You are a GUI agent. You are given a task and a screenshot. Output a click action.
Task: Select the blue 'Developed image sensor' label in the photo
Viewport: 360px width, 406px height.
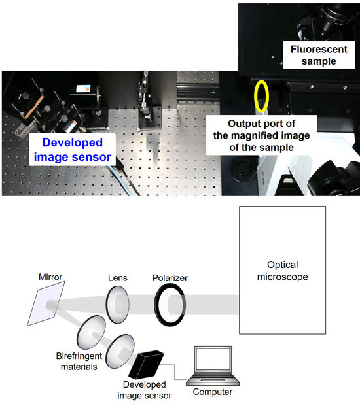click(x=73, y=150)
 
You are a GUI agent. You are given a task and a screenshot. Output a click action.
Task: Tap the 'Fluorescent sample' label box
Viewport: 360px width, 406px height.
click(x=319, y=55)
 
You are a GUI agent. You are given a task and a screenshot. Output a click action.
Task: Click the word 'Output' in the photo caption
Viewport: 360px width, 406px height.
click(x=245, y=124)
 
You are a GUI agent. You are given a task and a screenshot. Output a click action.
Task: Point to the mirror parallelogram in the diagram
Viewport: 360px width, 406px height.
click(x=46, y=303)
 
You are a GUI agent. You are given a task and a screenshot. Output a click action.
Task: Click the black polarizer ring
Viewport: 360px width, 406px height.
click(x=156, y=305)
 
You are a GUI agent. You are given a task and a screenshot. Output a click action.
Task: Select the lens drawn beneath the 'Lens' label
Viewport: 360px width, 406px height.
click(x=117, y=305)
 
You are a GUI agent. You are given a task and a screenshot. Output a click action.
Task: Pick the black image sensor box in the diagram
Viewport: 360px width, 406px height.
click(x=146, y=365)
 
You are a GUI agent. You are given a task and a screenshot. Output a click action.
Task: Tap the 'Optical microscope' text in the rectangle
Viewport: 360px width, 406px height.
click(x=283, y=271)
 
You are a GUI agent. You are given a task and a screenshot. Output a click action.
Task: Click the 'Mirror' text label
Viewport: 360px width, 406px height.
click(x=50, y=277)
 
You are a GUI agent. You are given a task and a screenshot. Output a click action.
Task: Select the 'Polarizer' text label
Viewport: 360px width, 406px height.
click(x=170, y=278)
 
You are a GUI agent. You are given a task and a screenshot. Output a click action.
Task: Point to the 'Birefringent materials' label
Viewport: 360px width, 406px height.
click(x=79, y=362)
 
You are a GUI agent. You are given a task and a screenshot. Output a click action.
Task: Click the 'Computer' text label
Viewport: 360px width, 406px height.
click(x=213, y=392)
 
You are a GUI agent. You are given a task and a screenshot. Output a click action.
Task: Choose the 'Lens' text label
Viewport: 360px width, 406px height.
click(x=118, y=278)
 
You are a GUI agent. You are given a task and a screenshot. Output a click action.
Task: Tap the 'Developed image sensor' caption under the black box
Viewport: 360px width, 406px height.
click(x=145, y=390)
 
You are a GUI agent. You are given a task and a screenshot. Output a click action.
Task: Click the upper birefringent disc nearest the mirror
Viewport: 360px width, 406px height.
click(x=91, y=332)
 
